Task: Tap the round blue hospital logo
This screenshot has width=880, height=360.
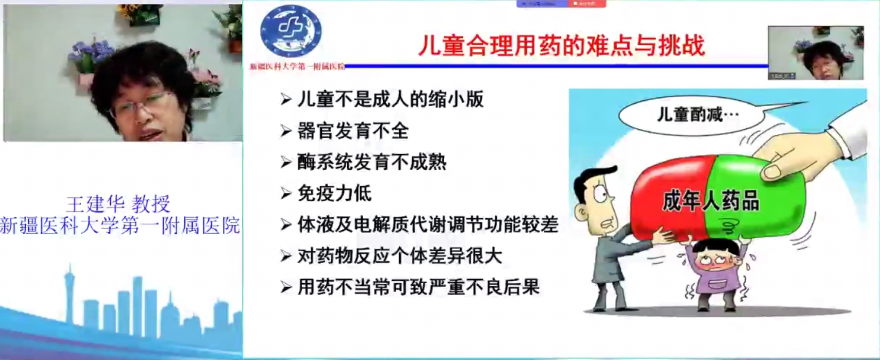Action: pos(290,32)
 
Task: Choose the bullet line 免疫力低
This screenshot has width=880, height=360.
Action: pos(334,193)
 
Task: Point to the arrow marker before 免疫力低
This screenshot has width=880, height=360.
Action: pos(286,193)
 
